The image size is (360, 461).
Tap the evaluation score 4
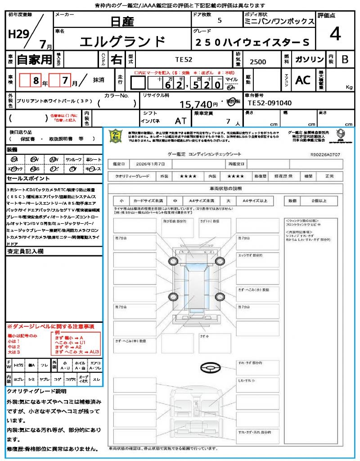(x=334, y=35)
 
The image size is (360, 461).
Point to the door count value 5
(x=219, y=21)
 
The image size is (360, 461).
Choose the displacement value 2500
(x=258, y=62)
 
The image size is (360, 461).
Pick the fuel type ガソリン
(x=309, y=60)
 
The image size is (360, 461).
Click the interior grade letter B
(x=345, y=60)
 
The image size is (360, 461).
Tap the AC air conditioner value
(x=303, y=80)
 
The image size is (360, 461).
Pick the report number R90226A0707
(x=325, y=154)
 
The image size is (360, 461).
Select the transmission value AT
(x=180, y=121)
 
